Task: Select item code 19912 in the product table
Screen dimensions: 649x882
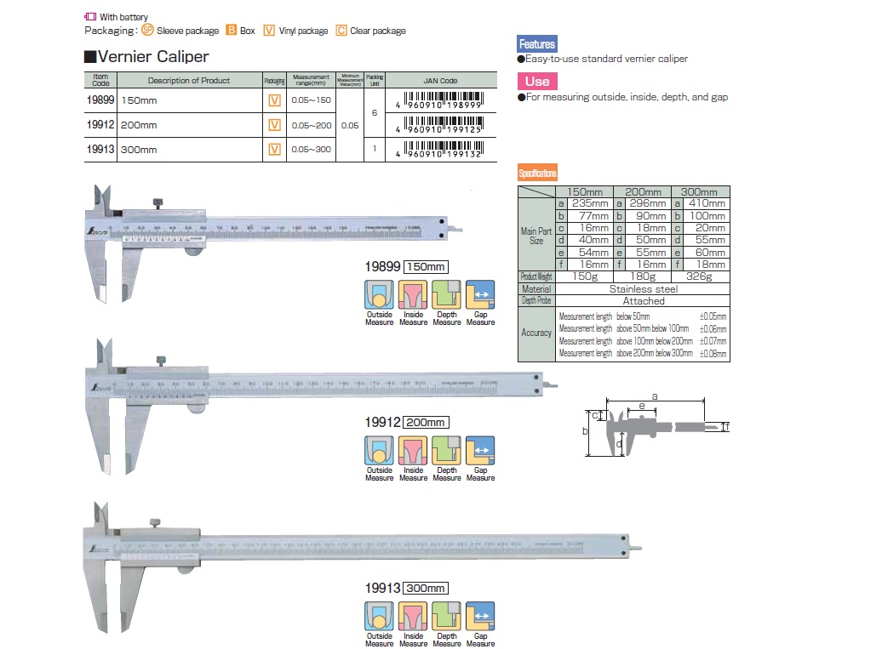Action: click(x=100, y=125)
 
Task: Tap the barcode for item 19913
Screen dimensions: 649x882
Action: click(x=444, y=149)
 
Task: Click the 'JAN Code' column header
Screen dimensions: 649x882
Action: click(x=440, y=81)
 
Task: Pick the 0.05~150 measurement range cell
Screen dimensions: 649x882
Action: click(x=312, y=100)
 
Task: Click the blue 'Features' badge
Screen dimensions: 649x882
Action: click(x=536, y=44)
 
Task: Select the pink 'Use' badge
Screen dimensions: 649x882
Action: click(x=536, y=81)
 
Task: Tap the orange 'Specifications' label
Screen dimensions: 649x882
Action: click(x=537, y=173)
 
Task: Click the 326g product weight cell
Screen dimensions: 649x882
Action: click(x=701, y=277)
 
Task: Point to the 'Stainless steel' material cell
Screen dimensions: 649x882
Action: click(x=643, y=289)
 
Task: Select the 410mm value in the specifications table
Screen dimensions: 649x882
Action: click(x=707, y=203)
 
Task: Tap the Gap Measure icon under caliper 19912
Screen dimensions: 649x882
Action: click(x=480, y=450)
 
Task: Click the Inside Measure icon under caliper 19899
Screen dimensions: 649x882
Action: click(x=413, y=294)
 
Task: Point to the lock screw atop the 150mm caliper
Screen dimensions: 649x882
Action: click(x=157, y=203)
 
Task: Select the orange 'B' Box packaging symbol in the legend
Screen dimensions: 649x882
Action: click(x=230, y=31)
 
